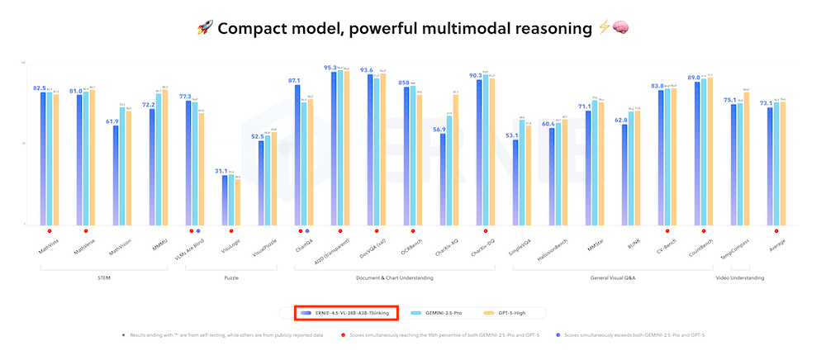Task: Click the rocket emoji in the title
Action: point(205,28)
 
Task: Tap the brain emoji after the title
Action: point(622,28)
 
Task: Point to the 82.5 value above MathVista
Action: point(39,88)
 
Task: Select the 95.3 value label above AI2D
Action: point(330,68)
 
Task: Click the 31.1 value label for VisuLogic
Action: point(221,171)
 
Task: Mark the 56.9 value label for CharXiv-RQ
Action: point(438,130)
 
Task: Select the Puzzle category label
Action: point(232,278)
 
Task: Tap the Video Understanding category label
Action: point(739,278)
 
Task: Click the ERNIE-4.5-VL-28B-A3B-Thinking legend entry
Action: point(347,313)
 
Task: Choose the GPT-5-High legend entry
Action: point(507,313)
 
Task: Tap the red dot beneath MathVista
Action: point(49,231)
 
